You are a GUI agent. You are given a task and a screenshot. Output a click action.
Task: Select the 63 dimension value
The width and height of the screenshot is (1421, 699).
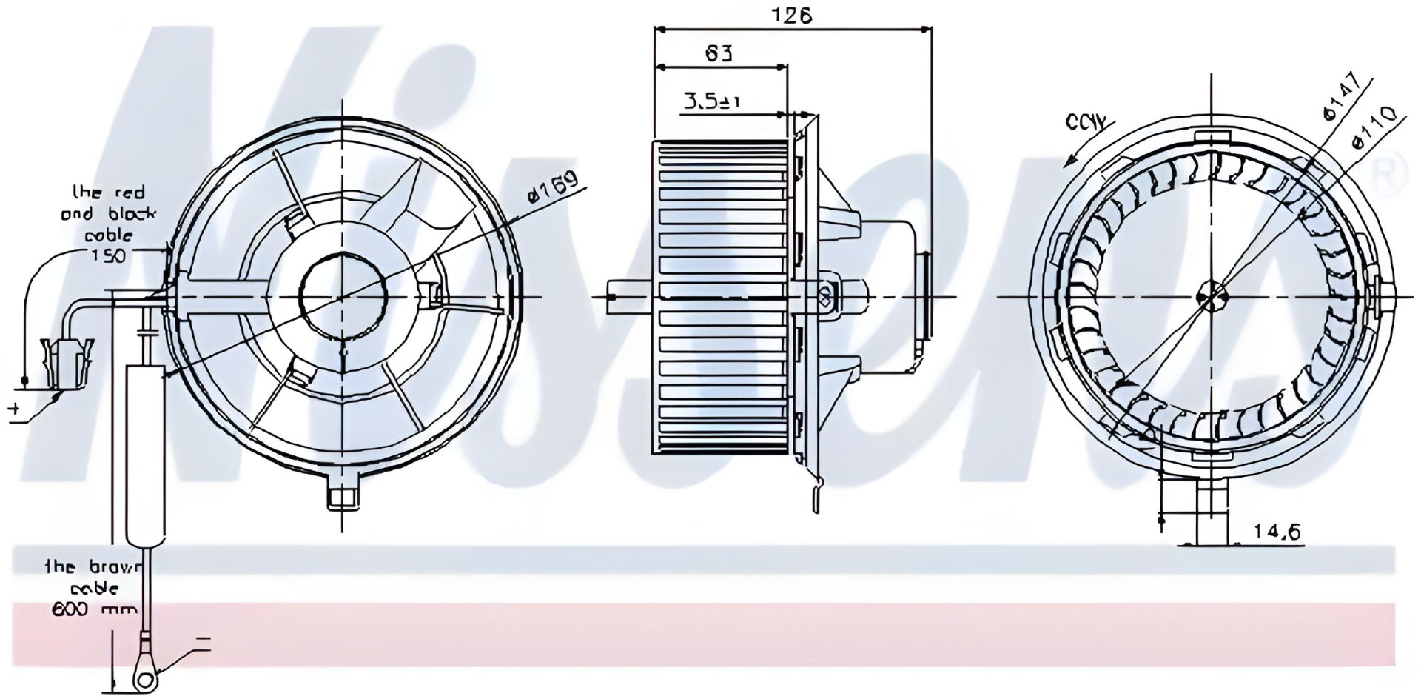click(x=718, y=53)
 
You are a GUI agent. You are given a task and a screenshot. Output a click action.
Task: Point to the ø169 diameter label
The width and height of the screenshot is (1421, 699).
click(x=551, y=194)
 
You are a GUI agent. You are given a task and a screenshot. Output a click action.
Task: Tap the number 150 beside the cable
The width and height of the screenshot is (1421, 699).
click(x=108, y=255)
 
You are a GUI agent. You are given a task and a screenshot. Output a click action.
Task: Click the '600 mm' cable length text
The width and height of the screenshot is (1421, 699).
click(x=94, y=609)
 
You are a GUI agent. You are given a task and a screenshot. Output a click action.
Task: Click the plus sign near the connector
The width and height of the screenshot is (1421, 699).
click(x=13, y=408)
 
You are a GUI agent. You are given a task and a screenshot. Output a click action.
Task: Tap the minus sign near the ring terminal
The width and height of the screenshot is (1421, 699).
click(x=204, y=636)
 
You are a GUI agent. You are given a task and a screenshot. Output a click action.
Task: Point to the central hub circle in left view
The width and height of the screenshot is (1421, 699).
click(x=343, y=296)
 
